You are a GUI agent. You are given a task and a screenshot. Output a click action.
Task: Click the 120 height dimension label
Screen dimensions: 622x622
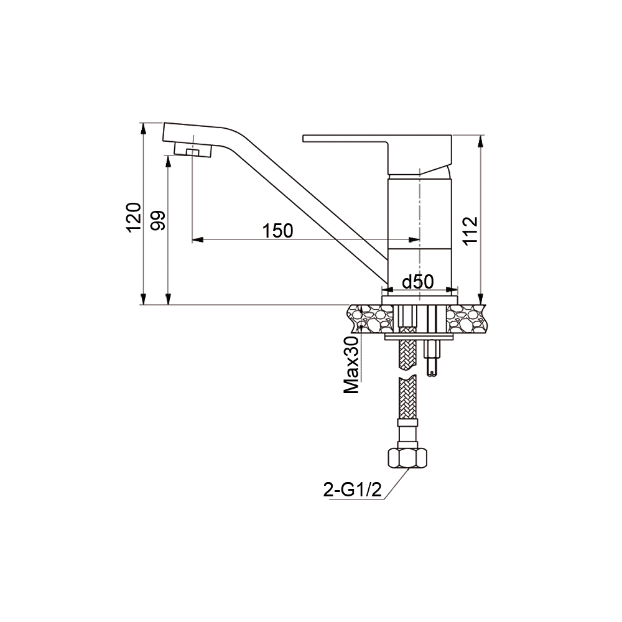pos(134,217)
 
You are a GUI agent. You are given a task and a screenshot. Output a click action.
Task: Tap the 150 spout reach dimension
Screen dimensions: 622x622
pos(277,231)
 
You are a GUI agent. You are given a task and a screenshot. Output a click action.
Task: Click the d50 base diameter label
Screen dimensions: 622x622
pos(417,282)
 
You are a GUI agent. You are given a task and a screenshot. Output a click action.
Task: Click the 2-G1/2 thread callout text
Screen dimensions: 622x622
pos(351,490)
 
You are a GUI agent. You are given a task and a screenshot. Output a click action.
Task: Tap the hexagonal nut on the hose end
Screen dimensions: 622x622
pos(408,458)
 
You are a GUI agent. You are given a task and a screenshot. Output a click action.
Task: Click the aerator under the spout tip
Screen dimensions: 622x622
pos(193,150)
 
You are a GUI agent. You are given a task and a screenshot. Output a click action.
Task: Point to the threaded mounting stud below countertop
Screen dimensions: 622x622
pos(432,358)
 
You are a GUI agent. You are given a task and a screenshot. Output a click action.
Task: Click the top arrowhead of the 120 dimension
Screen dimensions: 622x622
pos(144,128)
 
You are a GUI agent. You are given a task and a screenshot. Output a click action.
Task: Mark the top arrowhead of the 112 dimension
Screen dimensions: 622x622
pos(480,141)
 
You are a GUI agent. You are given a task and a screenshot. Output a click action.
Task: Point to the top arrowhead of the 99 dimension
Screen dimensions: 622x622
pos(168,160)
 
